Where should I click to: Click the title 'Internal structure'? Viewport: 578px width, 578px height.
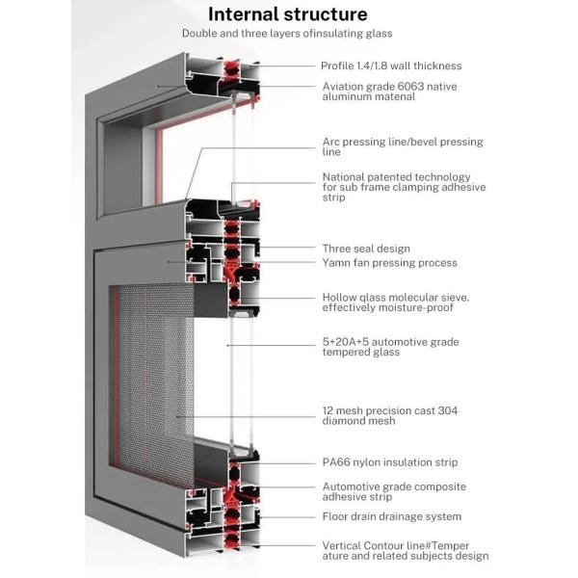(x=287, y=14)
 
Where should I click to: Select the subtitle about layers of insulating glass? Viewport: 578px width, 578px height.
(x=287, y=34)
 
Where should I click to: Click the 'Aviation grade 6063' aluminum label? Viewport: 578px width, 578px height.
(x=389, y=92)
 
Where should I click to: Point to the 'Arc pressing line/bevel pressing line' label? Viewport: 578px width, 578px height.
(x=402, y=147)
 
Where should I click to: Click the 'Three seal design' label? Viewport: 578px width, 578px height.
(x=365, y=249)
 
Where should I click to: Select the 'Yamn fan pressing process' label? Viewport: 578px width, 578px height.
(x=388, y=263)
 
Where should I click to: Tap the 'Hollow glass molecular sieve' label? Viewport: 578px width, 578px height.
(x=395, y=303)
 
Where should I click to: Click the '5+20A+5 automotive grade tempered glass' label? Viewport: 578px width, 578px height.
(x=389, y=347)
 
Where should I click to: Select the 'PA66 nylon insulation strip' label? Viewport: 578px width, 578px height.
(x=389, y=463)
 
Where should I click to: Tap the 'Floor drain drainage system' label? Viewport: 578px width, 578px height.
(x=391, y=517)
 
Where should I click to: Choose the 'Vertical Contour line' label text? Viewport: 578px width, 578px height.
(x=404, y=550)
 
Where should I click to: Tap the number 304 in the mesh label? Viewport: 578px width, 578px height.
(x=447, y=410)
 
